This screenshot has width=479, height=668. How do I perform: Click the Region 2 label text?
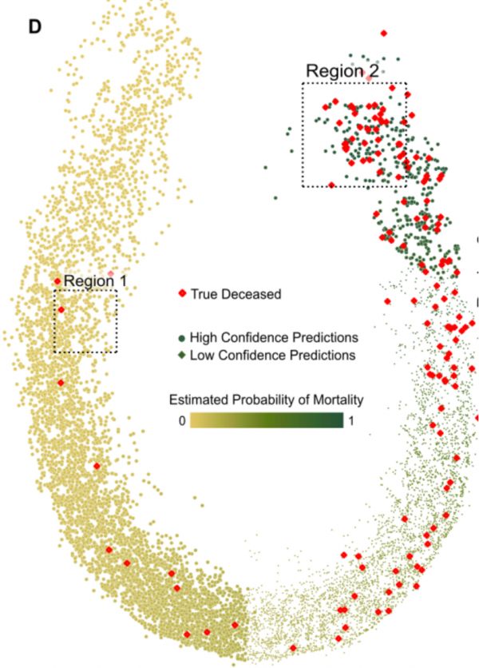click(x=342, y=71)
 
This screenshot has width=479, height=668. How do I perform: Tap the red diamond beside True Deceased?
click(x=182, y=294)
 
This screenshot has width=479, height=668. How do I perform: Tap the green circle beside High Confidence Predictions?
click(x=182, y=337)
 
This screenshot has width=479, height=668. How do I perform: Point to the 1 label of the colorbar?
click(x=352, y=420)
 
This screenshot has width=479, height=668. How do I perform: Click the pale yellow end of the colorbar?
click(x=196, y=420)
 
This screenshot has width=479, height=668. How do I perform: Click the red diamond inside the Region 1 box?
click(x=61, y=309)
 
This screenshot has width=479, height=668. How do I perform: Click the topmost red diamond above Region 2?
click(x=384, y=34)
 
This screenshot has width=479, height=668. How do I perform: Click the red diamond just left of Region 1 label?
click(x=57, y=280)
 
